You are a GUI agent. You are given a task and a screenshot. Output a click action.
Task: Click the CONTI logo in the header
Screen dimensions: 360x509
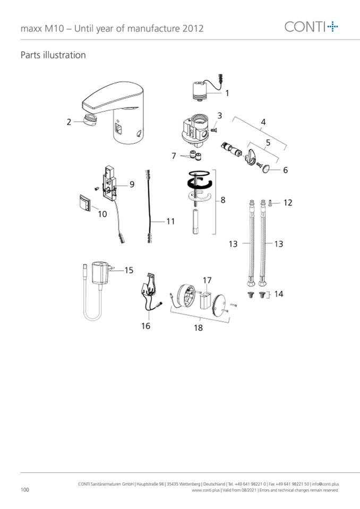311,27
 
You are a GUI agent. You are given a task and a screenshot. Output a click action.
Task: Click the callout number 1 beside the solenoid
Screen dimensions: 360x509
227,93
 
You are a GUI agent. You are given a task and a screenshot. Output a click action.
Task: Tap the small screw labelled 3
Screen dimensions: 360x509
213,130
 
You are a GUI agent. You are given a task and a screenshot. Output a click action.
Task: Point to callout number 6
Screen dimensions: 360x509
285,170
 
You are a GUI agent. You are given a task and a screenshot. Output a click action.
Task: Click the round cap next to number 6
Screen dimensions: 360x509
266,168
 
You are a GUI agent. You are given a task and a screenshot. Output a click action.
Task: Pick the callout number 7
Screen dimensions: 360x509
174,156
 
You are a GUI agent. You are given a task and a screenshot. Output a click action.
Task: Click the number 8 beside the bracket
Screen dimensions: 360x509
222,200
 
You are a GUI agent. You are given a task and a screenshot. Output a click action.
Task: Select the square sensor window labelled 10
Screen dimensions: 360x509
85,203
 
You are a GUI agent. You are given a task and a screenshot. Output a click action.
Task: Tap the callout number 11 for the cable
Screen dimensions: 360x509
170,221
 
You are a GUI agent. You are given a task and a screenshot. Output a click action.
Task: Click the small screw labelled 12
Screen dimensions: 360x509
270,203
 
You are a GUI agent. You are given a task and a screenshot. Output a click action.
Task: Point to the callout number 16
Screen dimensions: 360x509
146,325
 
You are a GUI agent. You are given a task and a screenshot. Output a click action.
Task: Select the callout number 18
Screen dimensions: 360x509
199,328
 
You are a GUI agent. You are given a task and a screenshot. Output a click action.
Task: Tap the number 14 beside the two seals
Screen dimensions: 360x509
279,294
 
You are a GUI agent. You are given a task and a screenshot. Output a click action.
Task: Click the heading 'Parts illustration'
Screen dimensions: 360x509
53,55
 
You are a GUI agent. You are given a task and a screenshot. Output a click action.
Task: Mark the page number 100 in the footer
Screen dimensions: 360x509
24,489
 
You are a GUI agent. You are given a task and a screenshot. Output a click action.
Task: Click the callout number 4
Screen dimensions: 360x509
263,122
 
